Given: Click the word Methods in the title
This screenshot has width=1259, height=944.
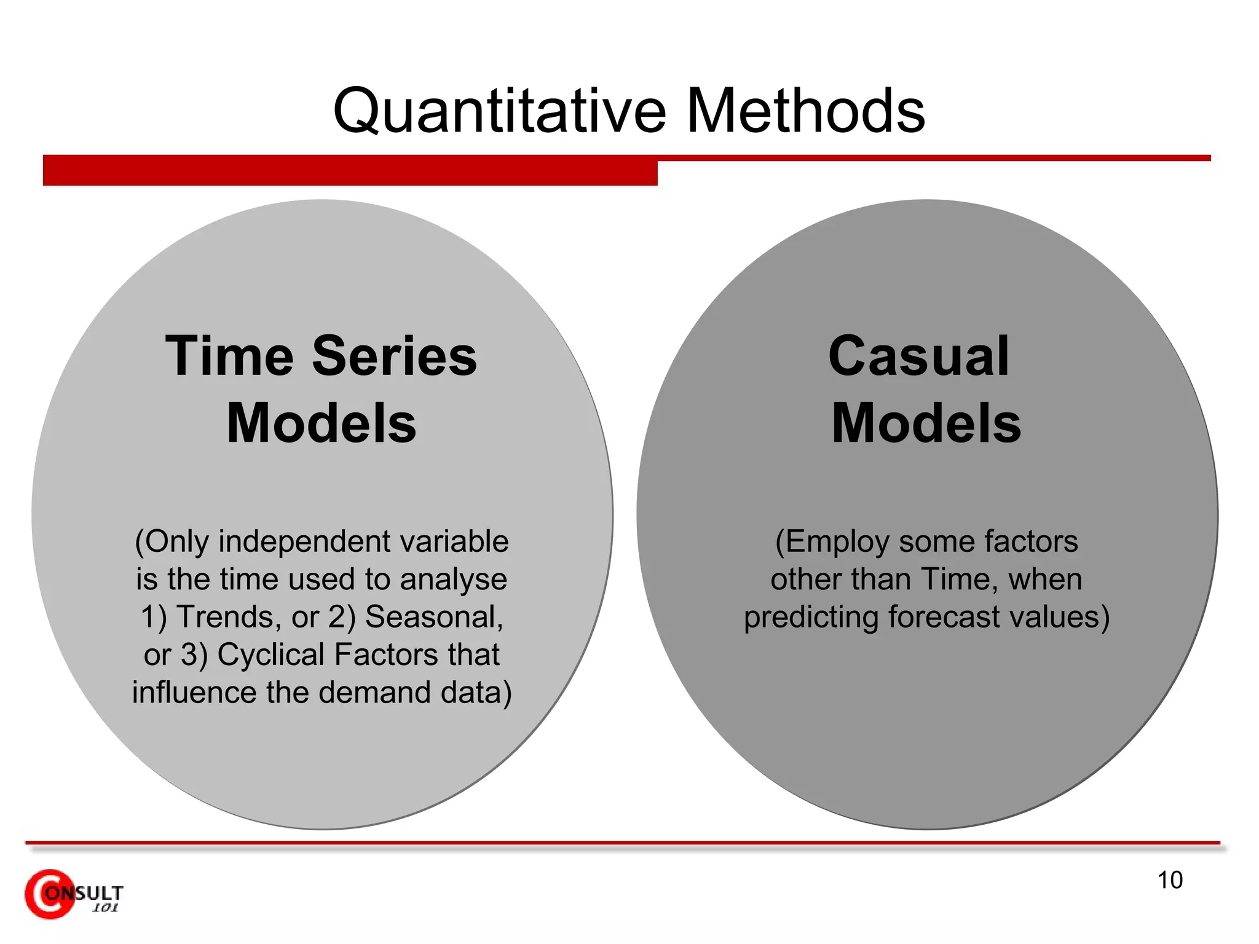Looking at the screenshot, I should pyautogui.click(x=805, y=111).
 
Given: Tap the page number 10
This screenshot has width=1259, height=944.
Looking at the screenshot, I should pyautogui.click(x=1170, y=880).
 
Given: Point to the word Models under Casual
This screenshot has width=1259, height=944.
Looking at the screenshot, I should pyautogui.click(x=926, y=423).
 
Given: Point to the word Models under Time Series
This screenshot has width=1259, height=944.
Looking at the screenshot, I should pyautogui.click(x=321, y=423).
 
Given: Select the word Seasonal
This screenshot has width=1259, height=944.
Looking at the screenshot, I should pyautogui.click(x=433, y=616).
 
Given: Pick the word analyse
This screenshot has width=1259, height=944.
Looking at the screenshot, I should pyautogui.click(x=454, y=580).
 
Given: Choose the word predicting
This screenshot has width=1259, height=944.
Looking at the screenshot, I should pyautogui.click(x=811, y=617).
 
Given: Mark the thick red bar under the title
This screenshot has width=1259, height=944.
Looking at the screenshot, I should pyautogui.click(x=350, y=171).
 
